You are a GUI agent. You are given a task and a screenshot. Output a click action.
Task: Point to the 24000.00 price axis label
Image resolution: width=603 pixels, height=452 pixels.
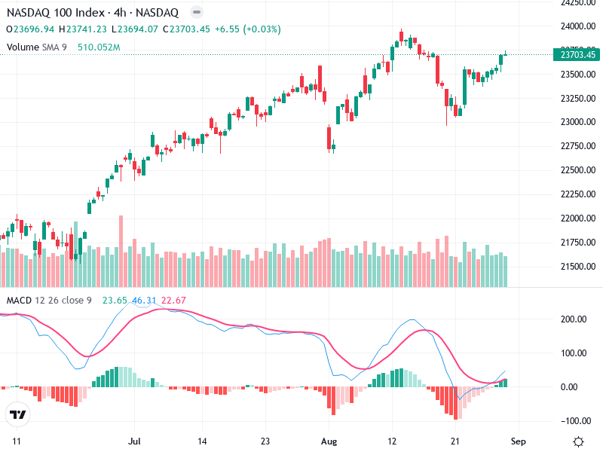pos(576,26)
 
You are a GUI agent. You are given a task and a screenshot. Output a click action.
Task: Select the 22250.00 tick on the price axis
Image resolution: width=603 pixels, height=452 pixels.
pos(576,194)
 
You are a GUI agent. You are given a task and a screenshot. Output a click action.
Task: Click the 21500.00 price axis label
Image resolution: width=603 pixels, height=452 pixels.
pos(576,267)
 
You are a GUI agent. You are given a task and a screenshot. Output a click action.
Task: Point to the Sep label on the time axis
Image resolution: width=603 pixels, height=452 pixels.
pos(519,441)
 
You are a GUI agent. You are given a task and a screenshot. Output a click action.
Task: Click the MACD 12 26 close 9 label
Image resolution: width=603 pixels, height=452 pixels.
pos(49,301)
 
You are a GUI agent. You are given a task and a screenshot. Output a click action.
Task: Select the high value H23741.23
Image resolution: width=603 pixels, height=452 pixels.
pos(83,29)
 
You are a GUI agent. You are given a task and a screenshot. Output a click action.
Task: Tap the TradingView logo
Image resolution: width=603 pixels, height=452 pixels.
pos(17,415)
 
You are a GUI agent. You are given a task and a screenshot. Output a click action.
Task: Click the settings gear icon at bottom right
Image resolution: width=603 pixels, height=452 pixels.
pos(578,441)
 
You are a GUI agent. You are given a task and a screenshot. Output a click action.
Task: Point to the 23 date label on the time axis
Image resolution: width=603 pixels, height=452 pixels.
pos(265,441)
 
